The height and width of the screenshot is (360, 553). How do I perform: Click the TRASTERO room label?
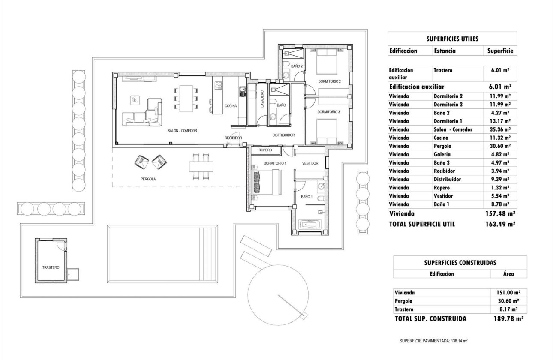click(x=51, y=267)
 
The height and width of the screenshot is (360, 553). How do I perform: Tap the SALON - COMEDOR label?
click(x=182, y=131)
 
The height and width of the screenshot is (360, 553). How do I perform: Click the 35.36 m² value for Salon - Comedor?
click(x=499, y=129)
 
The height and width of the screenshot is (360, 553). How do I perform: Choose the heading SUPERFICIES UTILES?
click(x=452, y=39)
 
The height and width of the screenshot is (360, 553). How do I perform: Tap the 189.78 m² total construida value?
click(x=508, y=319)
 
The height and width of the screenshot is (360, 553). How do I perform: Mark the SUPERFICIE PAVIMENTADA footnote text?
click(x=433, y=341)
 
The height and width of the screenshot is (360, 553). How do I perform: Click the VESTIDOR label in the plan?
click(x=310, y=163)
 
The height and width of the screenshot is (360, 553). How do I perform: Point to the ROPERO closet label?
click(x=265, y=150)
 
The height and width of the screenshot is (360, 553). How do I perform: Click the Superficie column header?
click(x=500, y=51)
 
